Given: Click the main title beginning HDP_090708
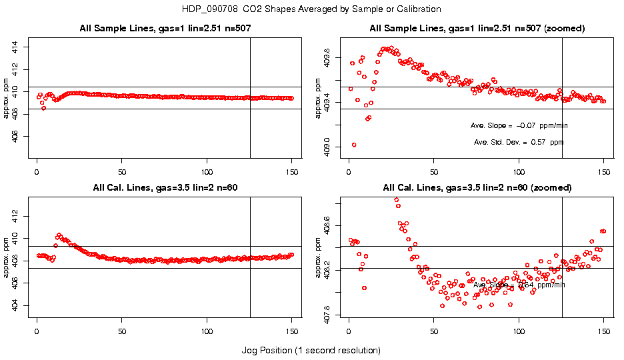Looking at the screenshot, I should click(311, 9).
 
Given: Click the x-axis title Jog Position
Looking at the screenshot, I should click(311, 350).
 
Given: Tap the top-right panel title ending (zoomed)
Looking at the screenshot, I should click(477, 29).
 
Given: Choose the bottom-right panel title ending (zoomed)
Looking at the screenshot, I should click(477, 187).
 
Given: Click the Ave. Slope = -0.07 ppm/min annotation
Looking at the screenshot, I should click(519, 125).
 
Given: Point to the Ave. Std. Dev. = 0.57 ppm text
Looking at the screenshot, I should click(519, 142).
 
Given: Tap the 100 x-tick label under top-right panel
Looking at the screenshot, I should click(519, 171).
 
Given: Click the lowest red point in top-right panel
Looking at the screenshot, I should click(354, 145).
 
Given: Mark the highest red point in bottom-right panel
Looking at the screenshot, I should click(397, 199).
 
